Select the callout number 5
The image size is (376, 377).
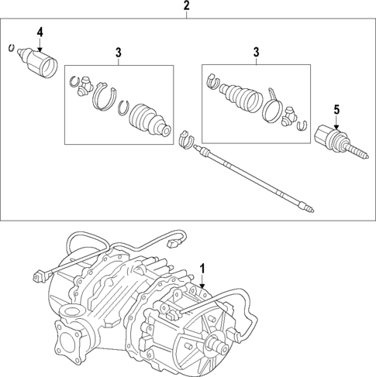(336, 110)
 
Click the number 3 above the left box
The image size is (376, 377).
(119, 52)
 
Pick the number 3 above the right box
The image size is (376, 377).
(255, 52)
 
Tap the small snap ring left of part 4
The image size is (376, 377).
(10, 49)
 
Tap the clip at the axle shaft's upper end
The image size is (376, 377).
(185, 140)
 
